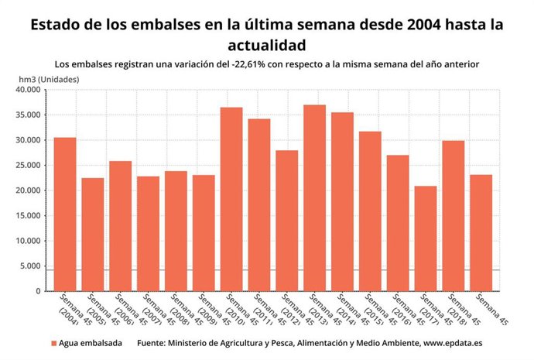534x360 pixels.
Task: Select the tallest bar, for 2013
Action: (314, 198)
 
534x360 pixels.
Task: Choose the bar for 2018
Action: (453, 216)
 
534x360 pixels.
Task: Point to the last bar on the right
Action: (481, 233)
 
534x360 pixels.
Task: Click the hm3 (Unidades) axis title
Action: (49, 78)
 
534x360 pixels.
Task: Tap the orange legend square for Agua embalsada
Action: (54, 342)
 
